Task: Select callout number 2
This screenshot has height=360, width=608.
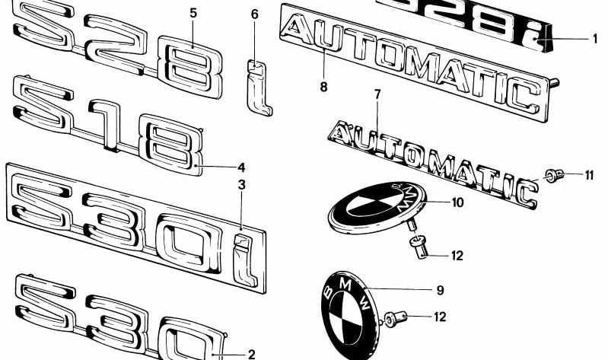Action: click(x=252, y=354)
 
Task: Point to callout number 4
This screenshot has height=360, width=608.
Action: click(x=241, y=167)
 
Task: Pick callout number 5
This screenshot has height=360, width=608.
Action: click(x=193, y=13)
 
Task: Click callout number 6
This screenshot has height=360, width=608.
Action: click(x=254, y=14)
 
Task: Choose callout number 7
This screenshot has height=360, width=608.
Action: click(x=376, y=94)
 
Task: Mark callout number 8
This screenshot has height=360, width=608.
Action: click(x=323, y=87)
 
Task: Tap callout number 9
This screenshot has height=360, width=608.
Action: click(x=440, y=290)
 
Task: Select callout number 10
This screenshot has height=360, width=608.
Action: click(x=457, y=202)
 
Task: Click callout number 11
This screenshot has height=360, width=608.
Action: click(x=589, y=176)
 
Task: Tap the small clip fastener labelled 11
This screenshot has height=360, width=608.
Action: click(x=554, y=177)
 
